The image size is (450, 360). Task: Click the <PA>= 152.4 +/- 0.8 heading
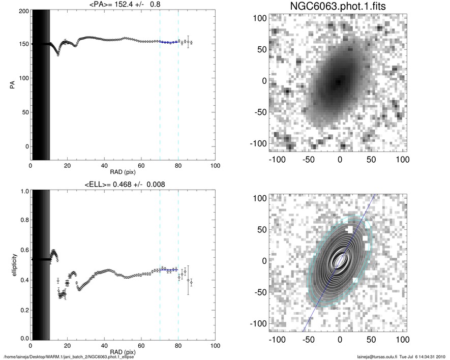123,5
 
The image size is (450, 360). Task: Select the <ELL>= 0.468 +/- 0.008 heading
123,184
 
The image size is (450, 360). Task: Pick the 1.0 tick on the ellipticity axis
23,191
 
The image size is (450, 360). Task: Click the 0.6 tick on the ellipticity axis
23,250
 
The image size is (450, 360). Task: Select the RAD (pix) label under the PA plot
123,171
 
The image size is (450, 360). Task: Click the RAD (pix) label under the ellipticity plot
123,351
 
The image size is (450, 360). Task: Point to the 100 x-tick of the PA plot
215,166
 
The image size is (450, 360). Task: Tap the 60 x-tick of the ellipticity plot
141,345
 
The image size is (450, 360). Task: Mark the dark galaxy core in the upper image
339,81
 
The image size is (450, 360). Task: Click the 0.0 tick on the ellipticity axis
23,338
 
